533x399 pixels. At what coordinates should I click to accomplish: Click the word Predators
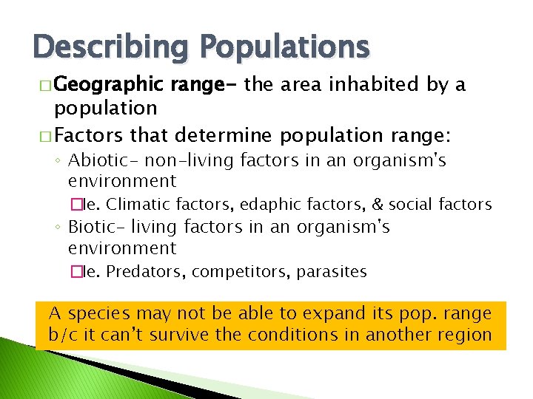[x=147, y=272]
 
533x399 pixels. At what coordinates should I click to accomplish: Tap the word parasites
[x=332, y=272]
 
